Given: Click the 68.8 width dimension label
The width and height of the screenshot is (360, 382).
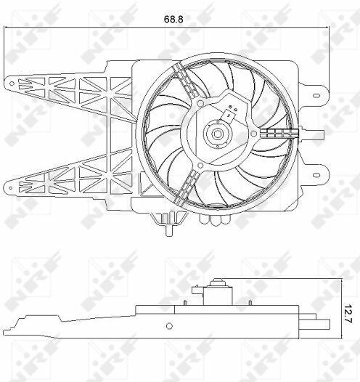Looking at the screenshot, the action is (173, 19).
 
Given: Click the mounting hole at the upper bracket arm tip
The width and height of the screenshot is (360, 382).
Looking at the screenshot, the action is (12, 84).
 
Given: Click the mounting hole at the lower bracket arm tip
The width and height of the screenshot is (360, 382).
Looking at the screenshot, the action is (10, 188).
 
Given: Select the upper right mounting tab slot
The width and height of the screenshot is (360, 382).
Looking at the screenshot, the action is (316, 95).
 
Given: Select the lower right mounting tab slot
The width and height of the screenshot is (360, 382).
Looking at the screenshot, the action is (316, 175).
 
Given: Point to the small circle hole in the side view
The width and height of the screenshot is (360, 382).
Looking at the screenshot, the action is (169, 326).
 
